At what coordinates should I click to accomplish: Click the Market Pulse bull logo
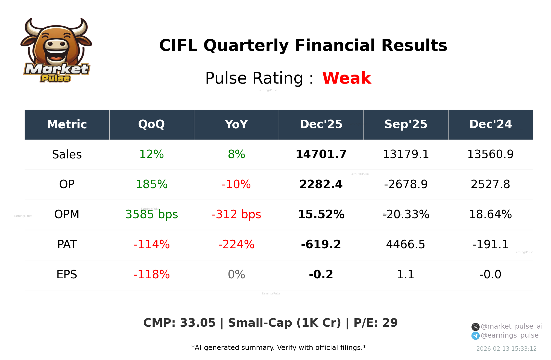56,50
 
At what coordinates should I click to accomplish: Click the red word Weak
347,78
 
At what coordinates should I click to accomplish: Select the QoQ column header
151,125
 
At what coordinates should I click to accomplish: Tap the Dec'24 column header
490,125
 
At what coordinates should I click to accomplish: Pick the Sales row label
67,155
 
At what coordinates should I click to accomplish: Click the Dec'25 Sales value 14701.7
321,155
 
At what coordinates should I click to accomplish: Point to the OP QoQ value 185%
151,185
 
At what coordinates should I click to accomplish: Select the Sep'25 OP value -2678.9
406,185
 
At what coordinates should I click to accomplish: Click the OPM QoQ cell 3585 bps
151,215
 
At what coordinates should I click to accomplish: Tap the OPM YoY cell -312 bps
236,215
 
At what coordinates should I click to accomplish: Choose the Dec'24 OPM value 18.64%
490,215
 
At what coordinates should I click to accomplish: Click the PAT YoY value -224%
236,245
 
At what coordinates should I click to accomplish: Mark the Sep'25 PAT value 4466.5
406,245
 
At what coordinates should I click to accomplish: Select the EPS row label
67,275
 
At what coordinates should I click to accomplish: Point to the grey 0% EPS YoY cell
236,275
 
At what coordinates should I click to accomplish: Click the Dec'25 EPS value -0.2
321,275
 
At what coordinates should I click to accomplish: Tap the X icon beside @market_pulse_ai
475,327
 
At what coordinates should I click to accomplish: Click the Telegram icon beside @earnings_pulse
475,336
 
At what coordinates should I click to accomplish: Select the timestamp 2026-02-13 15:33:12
506,349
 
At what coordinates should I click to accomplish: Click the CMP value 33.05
198,323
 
